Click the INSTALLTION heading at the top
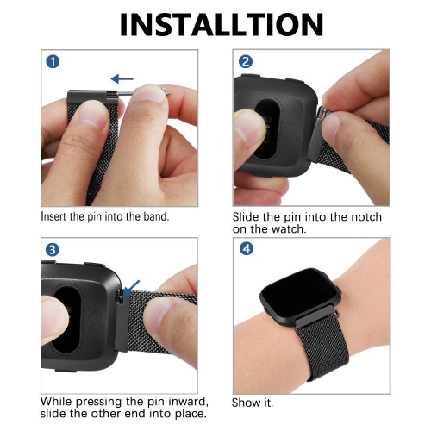[222, 25]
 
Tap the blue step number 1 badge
[53, 62]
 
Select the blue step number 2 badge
[246, 61]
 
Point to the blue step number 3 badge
[53, 250]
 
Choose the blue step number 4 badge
[247, 248]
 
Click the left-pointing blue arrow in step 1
[122, 78]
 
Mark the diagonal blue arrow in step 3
[132, 288]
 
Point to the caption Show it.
[253, 403]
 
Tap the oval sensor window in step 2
[267, 129]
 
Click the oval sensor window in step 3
[67, 320]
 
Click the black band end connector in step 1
[92, 97]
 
